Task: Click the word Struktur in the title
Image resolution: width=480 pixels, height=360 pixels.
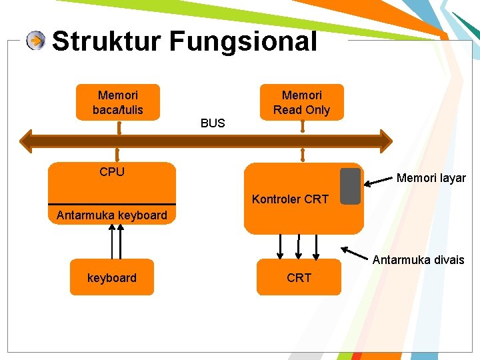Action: tap(106, 41)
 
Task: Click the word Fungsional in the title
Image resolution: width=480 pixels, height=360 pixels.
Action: tap(243, 41)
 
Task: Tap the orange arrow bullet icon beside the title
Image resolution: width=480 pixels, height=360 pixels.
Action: tap(36, 41)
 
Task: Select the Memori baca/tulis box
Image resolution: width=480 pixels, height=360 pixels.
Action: tap(118, 102)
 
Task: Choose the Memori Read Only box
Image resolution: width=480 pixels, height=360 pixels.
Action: tap(302, 102)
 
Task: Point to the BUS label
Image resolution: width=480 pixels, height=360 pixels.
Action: tap(213, 123)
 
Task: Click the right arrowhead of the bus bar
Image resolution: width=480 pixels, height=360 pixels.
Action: tap(386, 141)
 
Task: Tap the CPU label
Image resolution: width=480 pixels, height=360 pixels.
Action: tap(112, 172)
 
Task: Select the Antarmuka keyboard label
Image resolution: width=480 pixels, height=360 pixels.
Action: tap(112, 215)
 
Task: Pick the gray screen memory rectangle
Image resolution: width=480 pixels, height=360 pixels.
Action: tap(350, 186)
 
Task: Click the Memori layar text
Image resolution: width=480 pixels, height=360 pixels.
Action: tap(431, 178)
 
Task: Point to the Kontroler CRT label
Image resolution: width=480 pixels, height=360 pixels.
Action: tap(290, 199)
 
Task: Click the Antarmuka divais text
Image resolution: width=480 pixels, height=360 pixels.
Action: tap(418, 260)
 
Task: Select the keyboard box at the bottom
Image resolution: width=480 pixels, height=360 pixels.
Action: tap(112, 277)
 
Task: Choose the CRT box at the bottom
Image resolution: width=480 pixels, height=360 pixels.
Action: tap(299, 277)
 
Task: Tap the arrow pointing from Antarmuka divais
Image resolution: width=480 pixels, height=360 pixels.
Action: tap(357, 253)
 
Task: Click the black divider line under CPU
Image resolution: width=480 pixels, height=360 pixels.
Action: tap(112, 204)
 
